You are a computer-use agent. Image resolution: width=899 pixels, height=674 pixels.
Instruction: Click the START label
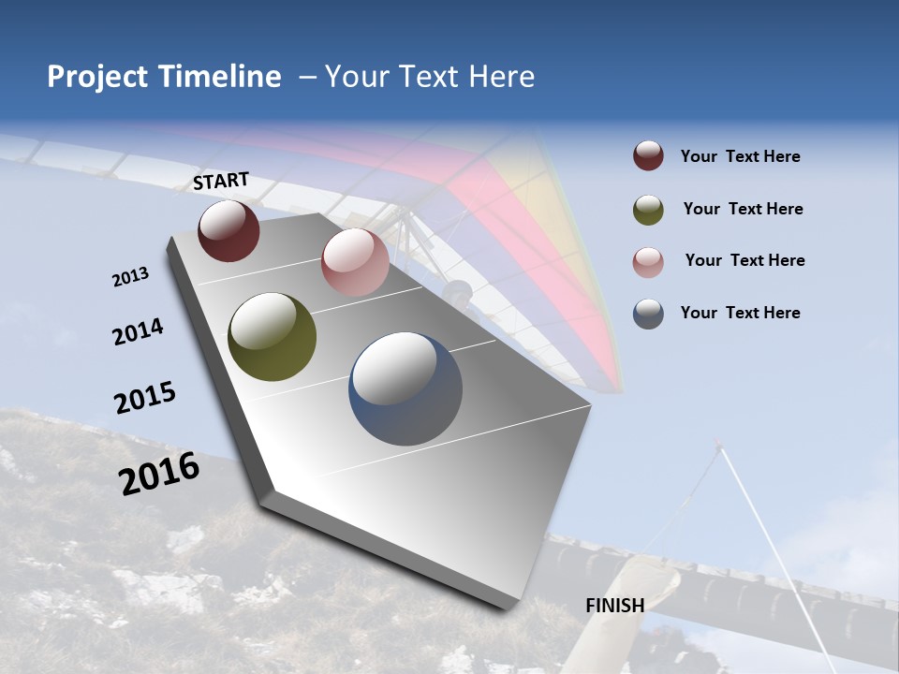tap(221, 181)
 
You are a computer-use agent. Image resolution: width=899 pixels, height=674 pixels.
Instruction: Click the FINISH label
tap(614, 606)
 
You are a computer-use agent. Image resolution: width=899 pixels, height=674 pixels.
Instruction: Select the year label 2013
tap(130, 277)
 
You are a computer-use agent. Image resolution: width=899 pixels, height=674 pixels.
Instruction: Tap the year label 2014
tap(138, 332)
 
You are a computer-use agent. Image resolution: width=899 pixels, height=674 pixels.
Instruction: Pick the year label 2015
tap(145, 398)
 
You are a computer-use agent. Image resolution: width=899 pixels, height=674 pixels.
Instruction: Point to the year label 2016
tap(159, 473)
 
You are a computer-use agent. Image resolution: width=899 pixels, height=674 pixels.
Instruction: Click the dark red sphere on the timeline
tap(228, 230)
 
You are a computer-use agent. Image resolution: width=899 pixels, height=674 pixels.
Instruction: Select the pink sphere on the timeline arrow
tap(355, 262)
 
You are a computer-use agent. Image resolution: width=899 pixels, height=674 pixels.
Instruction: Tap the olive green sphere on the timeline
tap(272, 337)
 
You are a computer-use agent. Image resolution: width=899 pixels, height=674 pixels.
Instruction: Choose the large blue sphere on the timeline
tap(405, 388)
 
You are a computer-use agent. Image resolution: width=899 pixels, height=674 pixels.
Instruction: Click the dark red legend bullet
tap(648, 156)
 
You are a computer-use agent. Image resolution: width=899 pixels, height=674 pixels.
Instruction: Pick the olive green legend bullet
tap(648, 210)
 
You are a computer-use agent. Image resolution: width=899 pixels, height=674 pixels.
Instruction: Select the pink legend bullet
tap(648, 262)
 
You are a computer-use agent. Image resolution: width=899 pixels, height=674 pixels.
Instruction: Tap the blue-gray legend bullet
tap(648, 314)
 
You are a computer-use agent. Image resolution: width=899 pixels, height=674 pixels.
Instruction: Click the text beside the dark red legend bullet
tap(740, 156)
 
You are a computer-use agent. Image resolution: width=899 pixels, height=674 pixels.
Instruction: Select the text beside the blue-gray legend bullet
tap(740, 313)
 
